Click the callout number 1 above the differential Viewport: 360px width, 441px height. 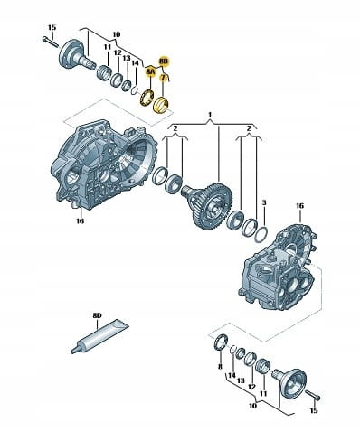tap(210, 115)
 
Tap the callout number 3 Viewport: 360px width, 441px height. tap(264, 203)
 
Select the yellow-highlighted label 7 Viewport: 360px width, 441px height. tap(163, 78)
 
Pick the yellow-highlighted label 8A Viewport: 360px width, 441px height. tap(150, 71)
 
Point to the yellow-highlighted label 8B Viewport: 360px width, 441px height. tap(164, 61)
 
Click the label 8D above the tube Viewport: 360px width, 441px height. tap(97, 315)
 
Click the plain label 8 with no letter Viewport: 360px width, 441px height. tap(220, 367)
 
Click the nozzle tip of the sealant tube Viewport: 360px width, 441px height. tap(72, 351)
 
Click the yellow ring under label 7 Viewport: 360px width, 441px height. tap(161, 105)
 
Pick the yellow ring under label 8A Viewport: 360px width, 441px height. tap(147, 97)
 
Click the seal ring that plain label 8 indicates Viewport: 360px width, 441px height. tap(220, 342)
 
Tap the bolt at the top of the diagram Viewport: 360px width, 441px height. tap(51, 42)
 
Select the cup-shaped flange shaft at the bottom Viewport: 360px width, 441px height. tap(290, 381)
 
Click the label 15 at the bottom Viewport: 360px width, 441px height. tap(314, 410)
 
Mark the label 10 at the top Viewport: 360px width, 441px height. tap(116, 34)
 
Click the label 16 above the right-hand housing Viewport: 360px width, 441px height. tap(299, 206)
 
